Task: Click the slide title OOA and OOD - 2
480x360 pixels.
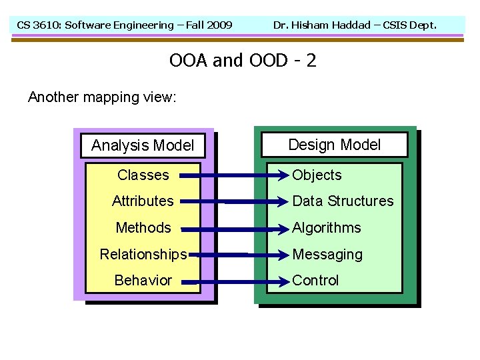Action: point(243,61)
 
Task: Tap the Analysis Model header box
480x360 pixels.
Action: point(143,145)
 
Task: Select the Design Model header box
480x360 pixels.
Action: point(334,145)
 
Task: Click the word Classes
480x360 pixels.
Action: point(143,175)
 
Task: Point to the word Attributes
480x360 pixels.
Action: point(143,201)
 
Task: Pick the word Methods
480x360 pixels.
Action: point(143,228)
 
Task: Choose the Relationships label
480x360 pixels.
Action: point(143,255)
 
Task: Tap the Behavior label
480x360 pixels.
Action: point(143,281)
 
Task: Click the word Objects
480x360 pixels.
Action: point(317,175)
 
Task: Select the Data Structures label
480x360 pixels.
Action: point(343,201)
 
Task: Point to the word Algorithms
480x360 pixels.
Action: point(326,228)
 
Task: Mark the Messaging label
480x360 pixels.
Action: point(327,255)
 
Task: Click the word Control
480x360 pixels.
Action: point(315,281)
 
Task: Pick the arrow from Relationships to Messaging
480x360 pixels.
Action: point(237,255)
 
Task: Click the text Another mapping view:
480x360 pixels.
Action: point(102,97)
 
